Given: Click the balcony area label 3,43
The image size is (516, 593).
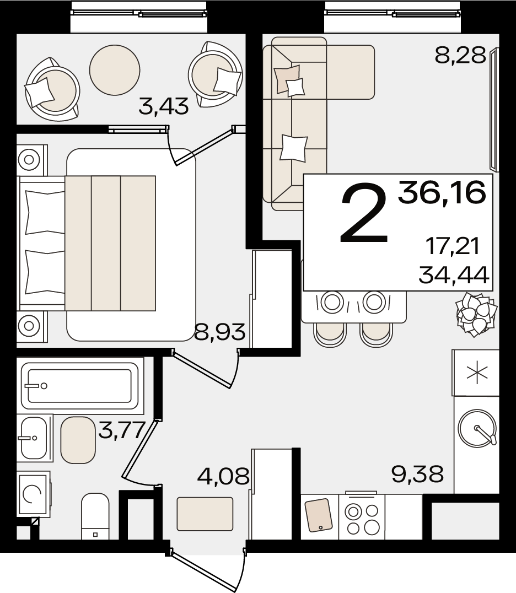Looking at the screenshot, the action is (x=163, y=106).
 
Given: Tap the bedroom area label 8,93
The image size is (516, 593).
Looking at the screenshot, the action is (x=219, y=332).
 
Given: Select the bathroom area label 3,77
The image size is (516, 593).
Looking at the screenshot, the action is (x=122, y=430).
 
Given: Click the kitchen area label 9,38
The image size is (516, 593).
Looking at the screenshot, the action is (x=417, y=474).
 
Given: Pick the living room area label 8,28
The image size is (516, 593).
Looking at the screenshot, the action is (x=460, y=56).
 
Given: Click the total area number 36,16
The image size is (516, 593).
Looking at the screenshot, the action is (x=442, y=193).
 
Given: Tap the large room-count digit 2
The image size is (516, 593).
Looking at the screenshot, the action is (x=364, y=213).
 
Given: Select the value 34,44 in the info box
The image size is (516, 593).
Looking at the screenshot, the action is (x=454, y=275).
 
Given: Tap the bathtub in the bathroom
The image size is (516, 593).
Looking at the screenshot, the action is (x=80, y=385).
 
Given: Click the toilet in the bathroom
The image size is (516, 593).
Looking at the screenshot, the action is (x=95, y=516).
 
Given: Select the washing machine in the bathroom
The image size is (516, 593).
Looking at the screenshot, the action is (x=33, y=494).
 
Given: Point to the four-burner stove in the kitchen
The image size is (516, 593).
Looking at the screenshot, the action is (x=362, y=516).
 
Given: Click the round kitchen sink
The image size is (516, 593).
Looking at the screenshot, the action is (x=477, y=428).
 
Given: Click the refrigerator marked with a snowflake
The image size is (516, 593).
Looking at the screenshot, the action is (x=476, y=373).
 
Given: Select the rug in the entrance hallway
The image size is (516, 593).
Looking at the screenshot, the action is (x=205, y=514).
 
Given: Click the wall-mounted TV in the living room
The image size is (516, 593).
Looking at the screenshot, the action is (x=495, y=109).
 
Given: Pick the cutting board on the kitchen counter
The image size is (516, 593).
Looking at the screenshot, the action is (x=319, y=515).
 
